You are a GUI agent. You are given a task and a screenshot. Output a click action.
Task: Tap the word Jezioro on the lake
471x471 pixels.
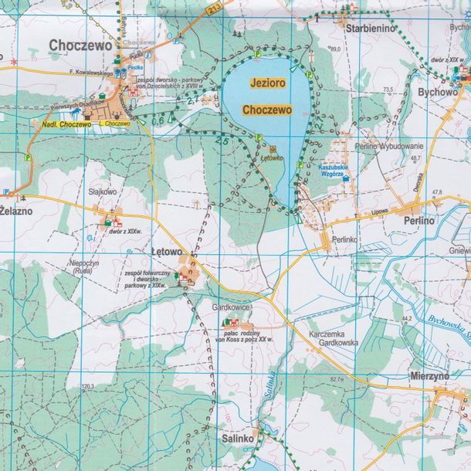[x=266, y=81]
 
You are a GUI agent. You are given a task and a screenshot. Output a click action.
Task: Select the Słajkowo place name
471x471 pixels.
[x=102, y=192]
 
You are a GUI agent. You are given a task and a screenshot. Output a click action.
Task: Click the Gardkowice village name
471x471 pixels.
[x=231, y=307]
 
